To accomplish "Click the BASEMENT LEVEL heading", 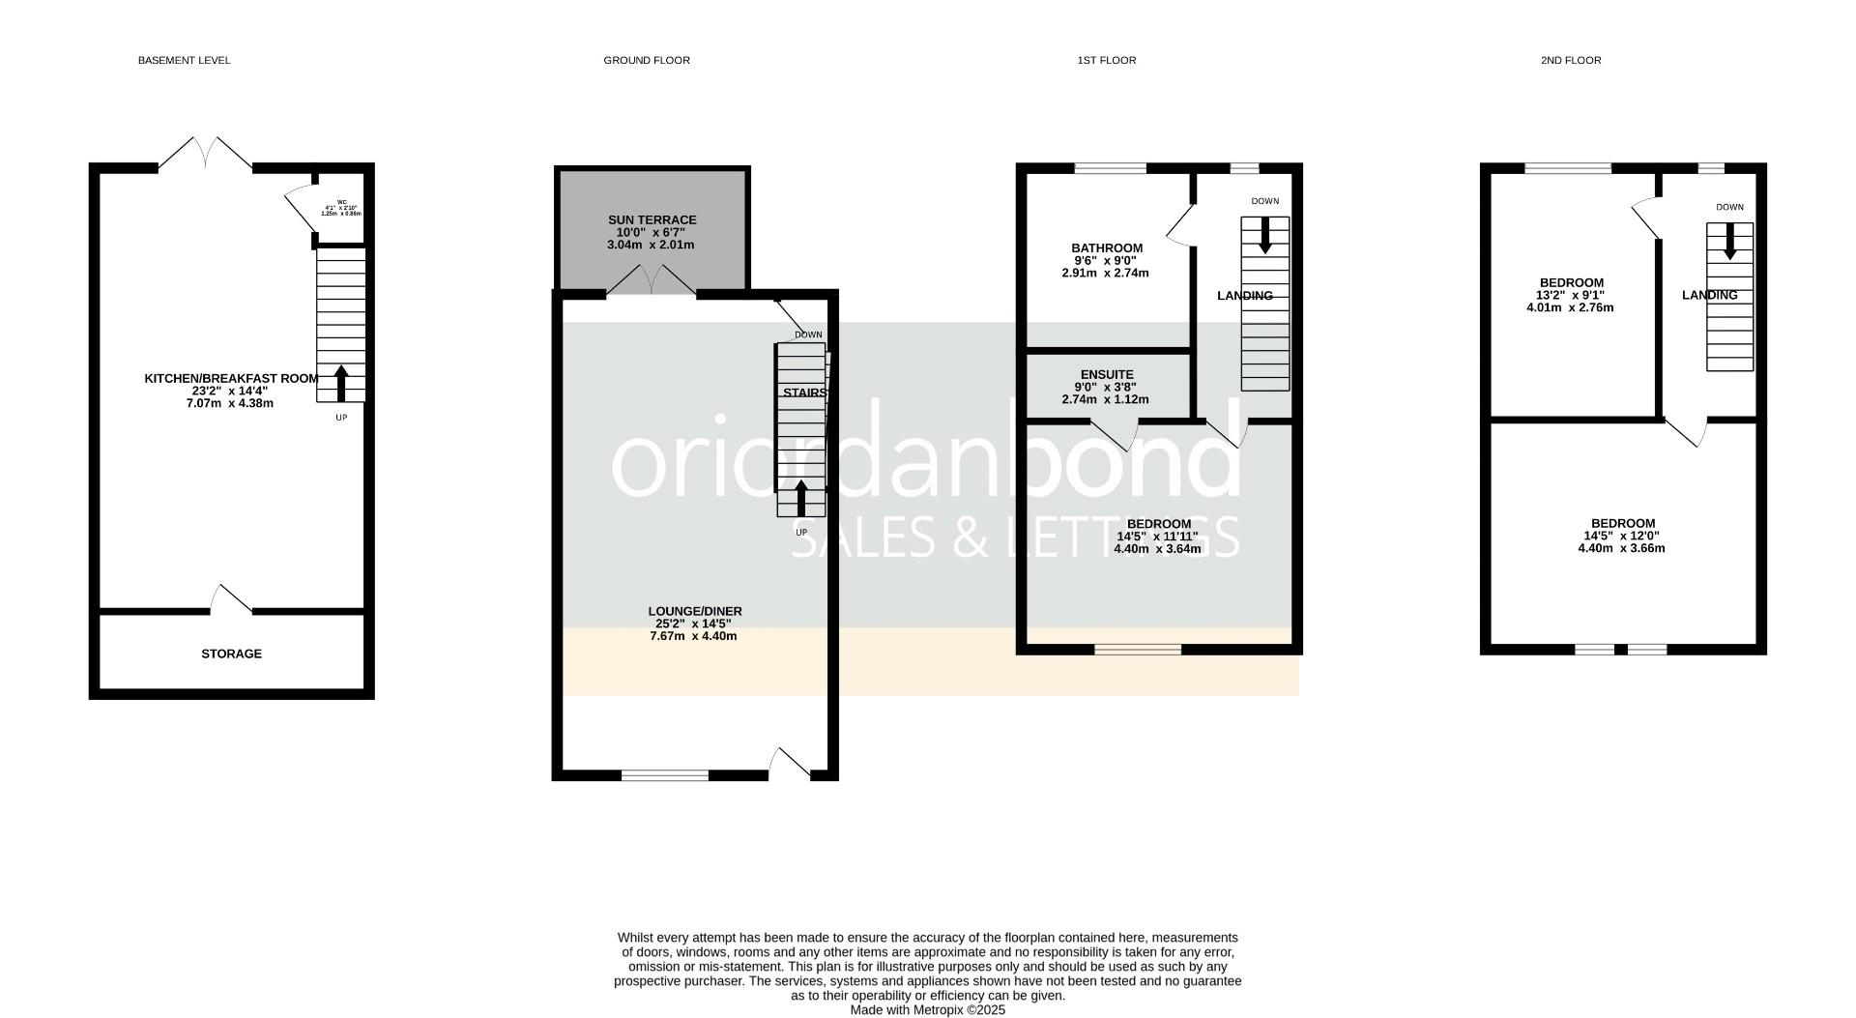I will click(184, 60).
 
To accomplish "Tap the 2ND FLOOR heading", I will click(1570, 60).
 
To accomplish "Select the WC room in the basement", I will click(341, 208).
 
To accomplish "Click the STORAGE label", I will click(231, 654).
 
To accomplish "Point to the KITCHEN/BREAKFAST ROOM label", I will click(231, 379).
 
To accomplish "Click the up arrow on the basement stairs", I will click(340, 383).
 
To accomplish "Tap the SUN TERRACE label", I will click(652, 220).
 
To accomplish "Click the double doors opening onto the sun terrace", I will click(652, 281).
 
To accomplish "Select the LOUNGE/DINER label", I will click(694, 611).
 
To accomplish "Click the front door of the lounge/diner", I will click(791, 764).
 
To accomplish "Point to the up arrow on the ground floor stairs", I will click(800, 498).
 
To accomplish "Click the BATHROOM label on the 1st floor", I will click(1106, 248).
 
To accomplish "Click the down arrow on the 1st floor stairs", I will click(1264, 235).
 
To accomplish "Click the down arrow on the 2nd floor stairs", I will click(1729, 241).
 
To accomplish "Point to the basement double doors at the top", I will click(205, 153).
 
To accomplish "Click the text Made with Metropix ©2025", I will click(927, 1010).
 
